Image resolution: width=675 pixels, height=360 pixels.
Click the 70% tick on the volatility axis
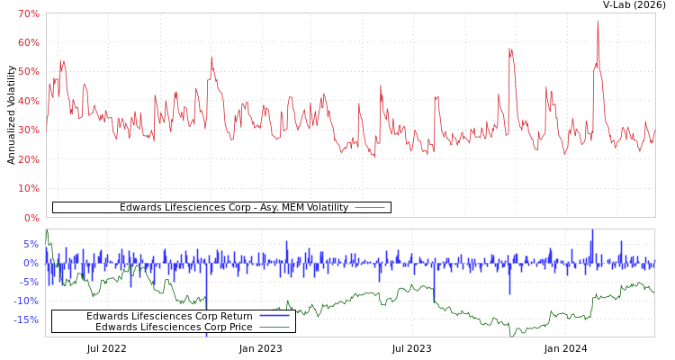click(28, 14)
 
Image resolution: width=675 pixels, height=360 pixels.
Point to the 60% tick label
click(28, 43)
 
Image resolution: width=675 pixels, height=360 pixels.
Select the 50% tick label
click(28, 72)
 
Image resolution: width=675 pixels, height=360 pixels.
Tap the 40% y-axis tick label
click(28, 102)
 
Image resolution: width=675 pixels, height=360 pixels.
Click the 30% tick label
click(28, 130)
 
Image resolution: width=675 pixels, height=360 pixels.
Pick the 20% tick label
click(28, 160)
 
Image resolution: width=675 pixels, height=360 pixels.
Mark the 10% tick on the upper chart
click(28, 189)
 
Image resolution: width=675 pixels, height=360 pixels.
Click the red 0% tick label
click(31, 218)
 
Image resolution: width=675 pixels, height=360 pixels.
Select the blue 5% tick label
click(31, 244)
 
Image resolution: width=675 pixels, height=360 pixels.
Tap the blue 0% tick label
click(31, 263)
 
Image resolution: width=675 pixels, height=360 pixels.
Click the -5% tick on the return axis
click(29, 282)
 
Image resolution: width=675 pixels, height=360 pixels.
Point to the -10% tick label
click(26, 301)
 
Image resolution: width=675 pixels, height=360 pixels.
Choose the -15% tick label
click(26, 319)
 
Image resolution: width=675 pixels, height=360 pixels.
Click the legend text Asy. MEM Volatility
click(233, 208)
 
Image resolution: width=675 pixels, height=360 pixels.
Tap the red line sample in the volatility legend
click(370, 208)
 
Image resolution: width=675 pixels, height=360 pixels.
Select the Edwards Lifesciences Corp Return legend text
click(169, 316)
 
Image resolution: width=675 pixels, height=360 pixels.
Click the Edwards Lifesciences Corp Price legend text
click(174, 327)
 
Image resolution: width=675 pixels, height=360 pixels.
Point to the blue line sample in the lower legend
click(274, 316)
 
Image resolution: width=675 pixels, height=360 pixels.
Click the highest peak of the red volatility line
click(597, 22)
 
